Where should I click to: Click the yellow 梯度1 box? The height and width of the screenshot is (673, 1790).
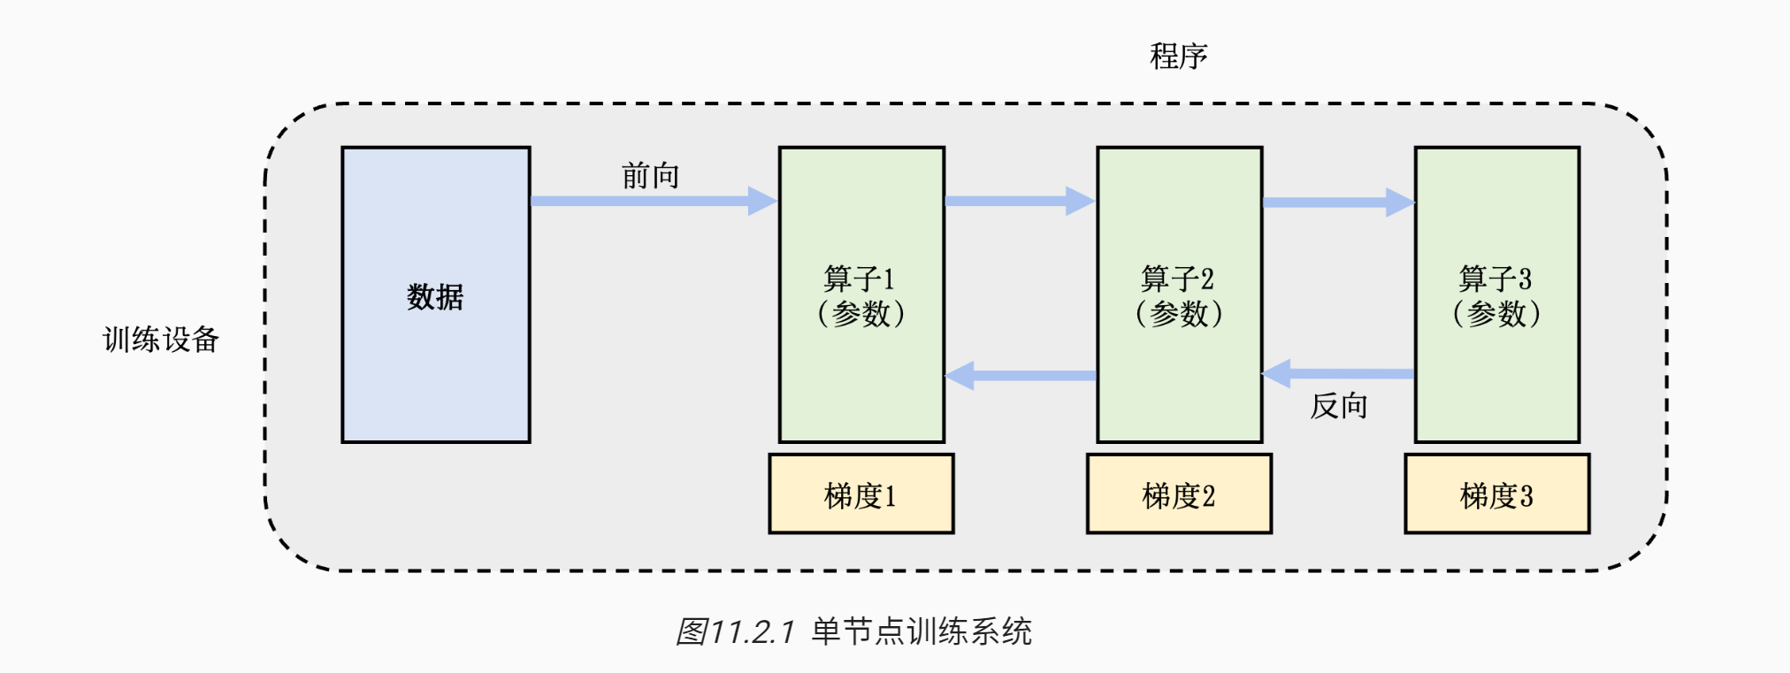[x=861, y=494]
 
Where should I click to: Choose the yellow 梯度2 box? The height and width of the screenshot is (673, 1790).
[x=1179, y=494]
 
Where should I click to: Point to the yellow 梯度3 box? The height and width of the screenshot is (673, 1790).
[x=1496, y=494]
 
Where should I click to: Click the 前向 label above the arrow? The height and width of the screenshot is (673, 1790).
[x=650, y=176]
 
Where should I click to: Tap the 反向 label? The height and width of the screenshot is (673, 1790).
[x=1338, y=406]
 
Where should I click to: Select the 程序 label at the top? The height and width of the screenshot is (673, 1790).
[x=1178, y=57]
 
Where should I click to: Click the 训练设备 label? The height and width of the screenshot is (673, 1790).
[x=161, y=340]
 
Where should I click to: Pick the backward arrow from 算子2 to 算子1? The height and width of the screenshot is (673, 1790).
[x=1021, y=376]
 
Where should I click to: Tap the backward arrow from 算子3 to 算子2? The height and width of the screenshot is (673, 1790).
[x=1337, y=373]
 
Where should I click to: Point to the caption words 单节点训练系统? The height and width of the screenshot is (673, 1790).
[x=922, y=631]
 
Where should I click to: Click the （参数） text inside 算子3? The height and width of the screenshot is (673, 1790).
[x=1496, y=314]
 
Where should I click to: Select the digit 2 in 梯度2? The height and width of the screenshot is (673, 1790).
[x=1209, y=496]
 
